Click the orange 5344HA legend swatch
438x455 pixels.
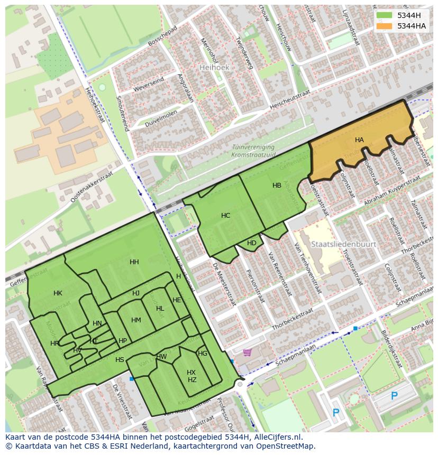[x=385, y=26]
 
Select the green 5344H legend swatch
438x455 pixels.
[x=385, y=15]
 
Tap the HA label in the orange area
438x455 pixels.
[x=359, y=140]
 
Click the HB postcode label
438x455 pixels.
[x=277, y=185]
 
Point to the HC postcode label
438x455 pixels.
[x=225, y=216]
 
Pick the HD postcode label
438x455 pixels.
[x=251, y=243]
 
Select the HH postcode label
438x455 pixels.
[x=134, y=262]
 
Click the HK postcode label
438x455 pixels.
[x=58, y=293]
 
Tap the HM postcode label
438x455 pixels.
[x=136, y=320]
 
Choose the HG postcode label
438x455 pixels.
[x=203, y=354]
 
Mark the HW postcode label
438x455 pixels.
[x=162, y=357]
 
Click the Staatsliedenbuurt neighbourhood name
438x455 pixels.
[x=343, y=245]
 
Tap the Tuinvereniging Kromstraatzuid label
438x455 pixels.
[x=253, y=151]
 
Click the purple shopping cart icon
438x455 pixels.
[x=247, y=352]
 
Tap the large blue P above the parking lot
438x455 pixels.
[x=394, y=396]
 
